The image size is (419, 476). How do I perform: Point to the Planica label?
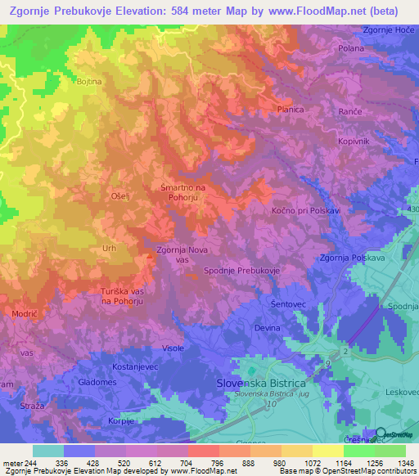(290, 109)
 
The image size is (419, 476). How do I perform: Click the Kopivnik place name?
(354, 141)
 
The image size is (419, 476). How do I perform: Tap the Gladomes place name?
(97, 382)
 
